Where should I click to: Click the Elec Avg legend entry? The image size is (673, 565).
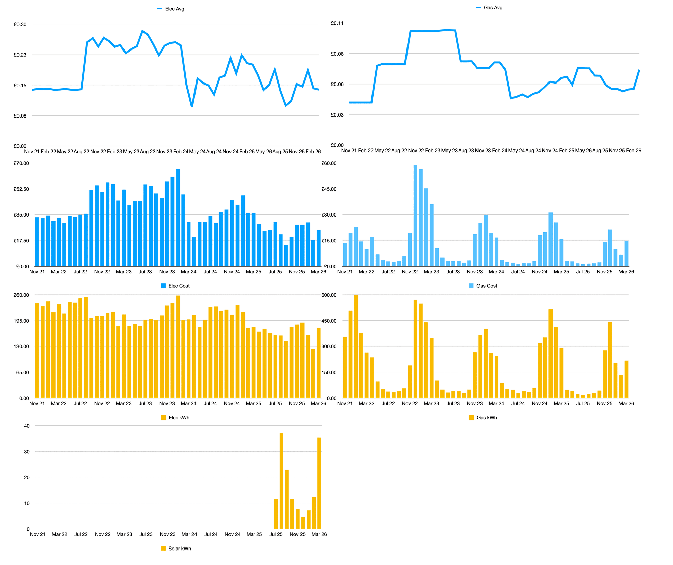(x=174, y=9)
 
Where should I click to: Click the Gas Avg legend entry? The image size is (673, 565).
(x=493, y=8)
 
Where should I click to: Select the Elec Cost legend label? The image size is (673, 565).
(x=179, y=286)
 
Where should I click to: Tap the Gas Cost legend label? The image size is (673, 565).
(x=486, y=286)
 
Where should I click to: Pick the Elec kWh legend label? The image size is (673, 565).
(x=179, y=418)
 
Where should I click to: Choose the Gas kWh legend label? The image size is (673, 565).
(x=486, y=418)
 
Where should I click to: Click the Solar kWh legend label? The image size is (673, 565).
(x=179, y=549)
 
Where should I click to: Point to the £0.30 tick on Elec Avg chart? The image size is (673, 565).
(x=20, y=24)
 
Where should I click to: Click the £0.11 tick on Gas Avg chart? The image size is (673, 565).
(x=337, y=23)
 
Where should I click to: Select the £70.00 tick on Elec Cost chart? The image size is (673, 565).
(x=21, y=163)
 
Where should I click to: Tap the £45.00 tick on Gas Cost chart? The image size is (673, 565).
(x=329, y=189)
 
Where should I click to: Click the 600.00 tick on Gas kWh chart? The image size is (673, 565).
(x=329, y=295)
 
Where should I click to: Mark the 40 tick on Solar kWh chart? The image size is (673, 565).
(x=27, y=426)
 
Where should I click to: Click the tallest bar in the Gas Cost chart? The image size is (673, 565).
(x=415, y=215)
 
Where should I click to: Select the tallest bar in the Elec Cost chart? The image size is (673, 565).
(x=178, y=218)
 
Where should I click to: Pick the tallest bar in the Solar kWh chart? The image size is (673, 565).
(x=281, y=481)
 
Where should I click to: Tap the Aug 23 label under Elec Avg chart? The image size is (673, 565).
(x=148, y=152)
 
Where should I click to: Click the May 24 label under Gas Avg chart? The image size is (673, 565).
(x=516, y=151)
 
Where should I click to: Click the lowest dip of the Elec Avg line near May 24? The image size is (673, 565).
(x=192, y=107)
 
